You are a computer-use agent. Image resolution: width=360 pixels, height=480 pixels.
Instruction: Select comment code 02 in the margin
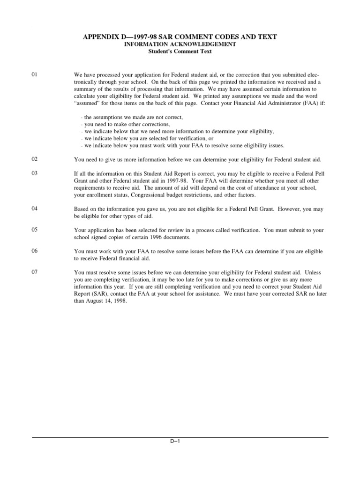[x=34, y=159]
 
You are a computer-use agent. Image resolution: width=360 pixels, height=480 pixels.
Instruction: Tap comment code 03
[x=34, y=173]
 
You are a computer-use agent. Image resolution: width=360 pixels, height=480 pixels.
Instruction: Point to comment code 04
[x=34, y=209]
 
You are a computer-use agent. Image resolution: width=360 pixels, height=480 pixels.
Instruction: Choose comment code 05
[x=34, y=230]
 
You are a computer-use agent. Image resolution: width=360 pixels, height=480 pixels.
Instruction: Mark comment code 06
[x=34, y=251]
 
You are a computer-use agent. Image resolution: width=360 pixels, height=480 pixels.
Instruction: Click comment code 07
[x=34, y=272]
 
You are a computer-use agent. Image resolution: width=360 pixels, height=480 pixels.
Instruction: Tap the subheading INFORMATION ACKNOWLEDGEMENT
[x=180, y=44]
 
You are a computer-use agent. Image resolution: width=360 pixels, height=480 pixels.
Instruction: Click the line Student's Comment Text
[x=180, y=51]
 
